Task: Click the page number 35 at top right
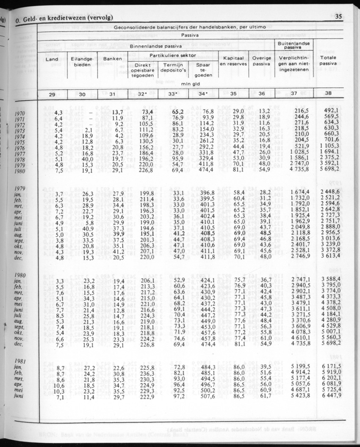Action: coord(338,17)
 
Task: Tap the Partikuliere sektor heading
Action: coord(173,55)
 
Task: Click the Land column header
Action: coord(52,59)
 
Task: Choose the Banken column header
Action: coord(113,59)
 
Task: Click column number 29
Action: coord(52,94)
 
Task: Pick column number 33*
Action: coord(173,94)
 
